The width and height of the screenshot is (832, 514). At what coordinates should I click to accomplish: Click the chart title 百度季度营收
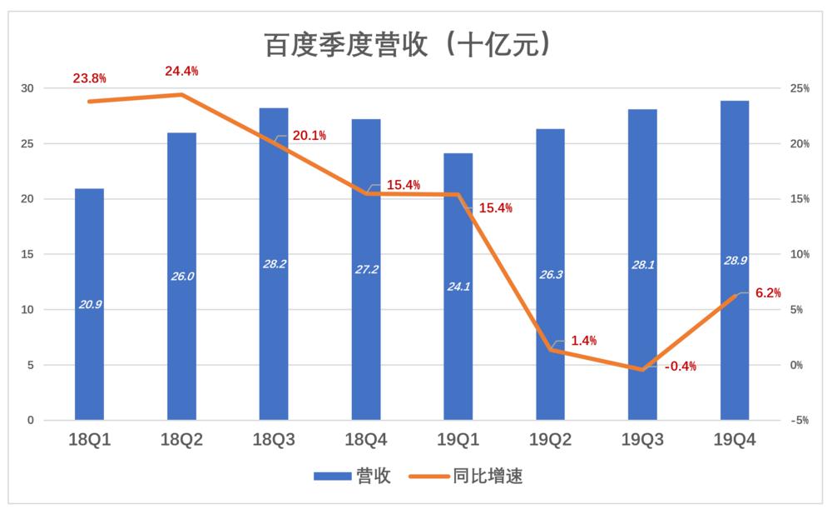(407, 44)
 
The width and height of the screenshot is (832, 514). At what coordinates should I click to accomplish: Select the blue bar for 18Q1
(90, 333)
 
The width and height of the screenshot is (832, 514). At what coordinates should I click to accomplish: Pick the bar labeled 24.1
(458, 333)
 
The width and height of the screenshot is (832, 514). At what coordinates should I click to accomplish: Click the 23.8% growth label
(90, 78)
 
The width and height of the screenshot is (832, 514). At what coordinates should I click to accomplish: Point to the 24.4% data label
(181, 71)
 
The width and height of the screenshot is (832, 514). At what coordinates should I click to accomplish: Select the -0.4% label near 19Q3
(681, 366)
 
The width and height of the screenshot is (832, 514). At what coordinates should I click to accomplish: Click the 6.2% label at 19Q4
(768, 292)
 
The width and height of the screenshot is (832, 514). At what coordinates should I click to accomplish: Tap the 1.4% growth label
(584, 341)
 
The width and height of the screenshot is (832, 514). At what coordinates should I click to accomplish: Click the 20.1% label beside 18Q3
(310, 136)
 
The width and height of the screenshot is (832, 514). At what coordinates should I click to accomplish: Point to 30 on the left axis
(28, 88)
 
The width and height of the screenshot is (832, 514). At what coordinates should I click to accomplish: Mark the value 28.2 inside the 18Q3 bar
(274, 264)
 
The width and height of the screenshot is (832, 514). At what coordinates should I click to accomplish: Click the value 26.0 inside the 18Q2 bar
(181, 277)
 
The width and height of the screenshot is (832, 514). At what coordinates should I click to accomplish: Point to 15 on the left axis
(28, 254)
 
